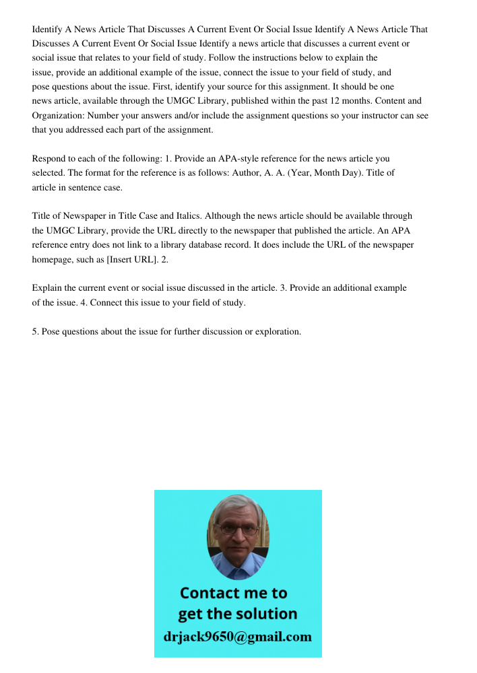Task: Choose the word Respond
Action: [x=49, y=159]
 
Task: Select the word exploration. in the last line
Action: [x=278, y=331]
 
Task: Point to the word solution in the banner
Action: [x=265, y=614]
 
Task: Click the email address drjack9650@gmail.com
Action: [x=238, y=637]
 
